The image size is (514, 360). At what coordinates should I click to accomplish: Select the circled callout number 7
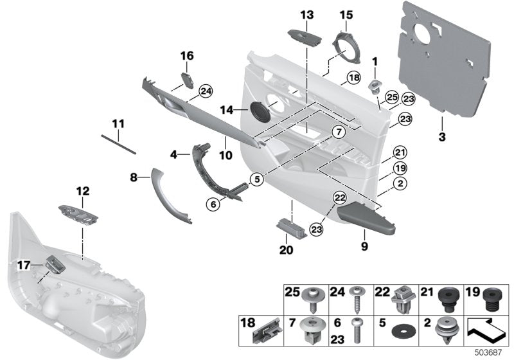[336, 132]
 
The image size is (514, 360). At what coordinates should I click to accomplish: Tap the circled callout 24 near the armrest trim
[205, 92]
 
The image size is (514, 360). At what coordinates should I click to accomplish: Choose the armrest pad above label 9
[365, 217]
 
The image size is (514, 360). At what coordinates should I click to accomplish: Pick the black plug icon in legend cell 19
[492, 300]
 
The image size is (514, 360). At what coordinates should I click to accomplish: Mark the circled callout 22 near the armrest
[340, 199]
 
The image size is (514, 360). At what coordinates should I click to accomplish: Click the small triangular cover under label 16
[190, 80]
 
